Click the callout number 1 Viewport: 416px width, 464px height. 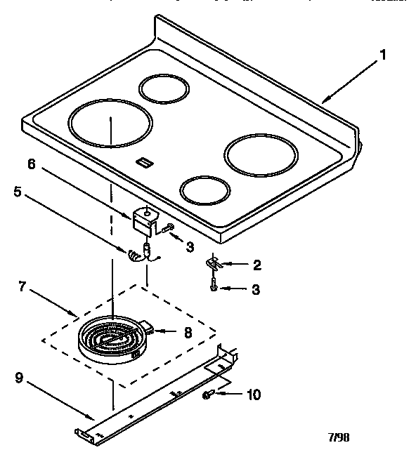[383, 54]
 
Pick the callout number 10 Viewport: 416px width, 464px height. [252, 395]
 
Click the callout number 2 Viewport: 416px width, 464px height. [256, 265]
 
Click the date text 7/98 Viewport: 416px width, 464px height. [339, 437]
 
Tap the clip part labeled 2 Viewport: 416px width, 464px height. [214, 264]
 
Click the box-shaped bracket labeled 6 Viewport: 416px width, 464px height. [144, 218]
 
